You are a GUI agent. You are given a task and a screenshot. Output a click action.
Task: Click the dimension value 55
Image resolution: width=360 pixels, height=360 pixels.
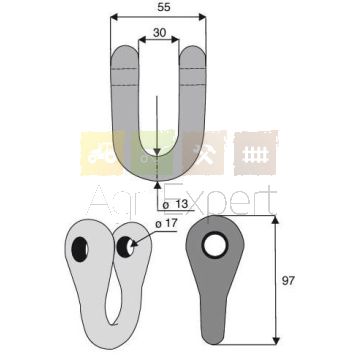(164, 8)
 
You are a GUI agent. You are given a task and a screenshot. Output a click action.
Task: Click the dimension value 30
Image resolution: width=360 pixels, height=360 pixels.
(160, 32)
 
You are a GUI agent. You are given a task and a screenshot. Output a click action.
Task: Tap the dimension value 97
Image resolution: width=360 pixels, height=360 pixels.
(288, 281)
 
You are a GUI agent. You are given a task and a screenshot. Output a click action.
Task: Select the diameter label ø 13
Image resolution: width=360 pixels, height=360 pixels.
(176, 205)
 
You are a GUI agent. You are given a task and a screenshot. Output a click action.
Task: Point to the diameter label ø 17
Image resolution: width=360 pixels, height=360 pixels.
(167, 224)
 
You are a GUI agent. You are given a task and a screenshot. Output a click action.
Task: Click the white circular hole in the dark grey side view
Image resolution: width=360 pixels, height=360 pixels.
(215, 245)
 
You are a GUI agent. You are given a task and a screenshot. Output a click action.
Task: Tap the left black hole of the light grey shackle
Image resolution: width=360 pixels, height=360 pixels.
(80, 249)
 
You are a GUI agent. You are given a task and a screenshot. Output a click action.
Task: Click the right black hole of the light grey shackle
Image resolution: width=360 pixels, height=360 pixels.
(125, 247)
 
